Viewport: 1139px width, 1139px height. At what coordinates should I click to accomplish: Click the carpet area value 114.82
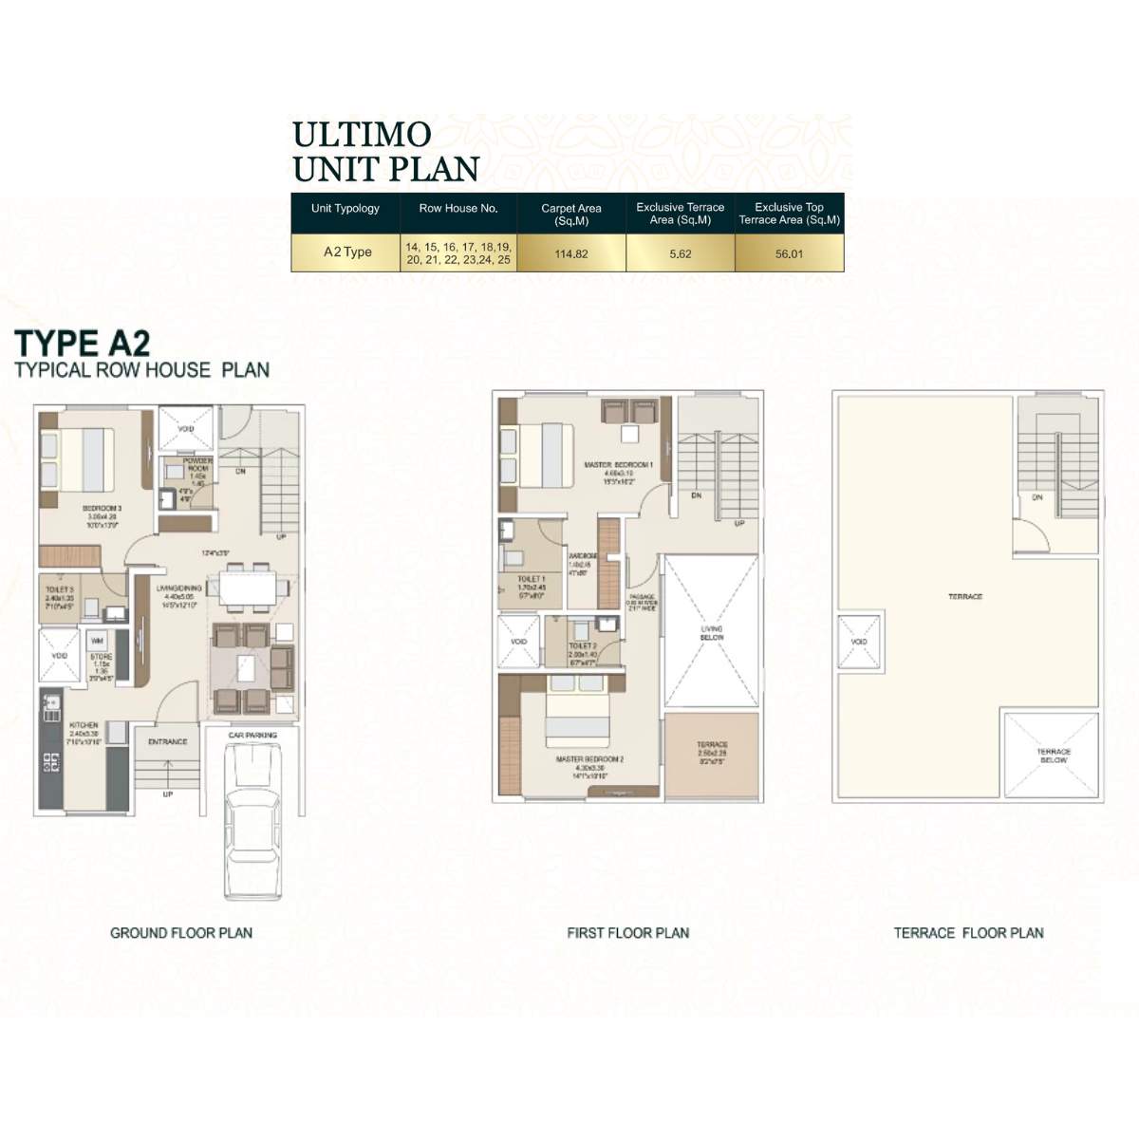click(570, 253)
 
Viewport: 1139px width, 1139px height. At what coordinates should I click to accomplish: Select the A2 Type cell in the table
click(347, 252)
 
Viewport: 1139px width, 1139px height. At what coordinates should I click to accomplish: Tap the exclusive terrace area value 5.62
click(680, 253)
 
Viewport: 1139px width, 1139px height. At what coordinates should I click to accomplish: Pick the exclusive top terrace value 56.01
click(789, 253)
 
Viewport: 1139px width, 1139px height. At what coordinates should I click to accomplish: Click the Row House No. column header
click(458, 208)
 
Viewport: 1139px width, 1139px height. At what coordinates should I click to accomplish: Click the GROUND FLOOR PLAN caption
click(181, 933)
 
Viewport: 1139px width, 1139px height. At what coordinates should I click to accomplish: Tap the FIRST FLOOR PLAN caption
click(627, 933)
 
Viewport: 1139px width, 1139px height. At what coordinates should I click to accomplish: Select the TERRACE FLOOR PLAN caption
click(968, 933)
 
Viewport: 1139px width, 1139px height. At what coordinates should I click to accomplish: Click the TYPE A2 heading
click(83, 342)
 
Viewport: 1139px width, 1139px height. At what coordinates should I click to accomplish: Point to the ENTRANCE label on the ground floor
click(168, 741)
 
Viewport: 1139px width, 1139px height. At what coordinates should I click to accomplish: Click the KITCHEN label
click(84, 725)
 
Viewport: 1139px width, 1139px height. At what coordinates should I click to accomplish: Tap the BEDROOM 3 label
click(103, 509)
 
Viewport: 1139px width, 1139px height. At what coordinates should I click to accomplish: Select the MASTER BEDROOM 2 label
click(589, 759)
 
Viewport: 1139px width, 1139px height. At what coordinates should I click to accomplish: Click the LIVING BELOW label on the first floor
click(711, 633)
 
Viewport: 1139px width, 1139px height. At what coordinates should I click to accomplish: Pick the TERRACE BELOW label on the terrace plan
click(1053, 756)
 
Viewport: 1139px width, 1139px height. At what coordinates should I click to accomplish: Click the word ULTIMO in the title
click(362, 135)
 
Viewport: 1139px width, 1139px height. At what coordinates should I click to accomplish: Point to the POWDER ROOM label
click(197, 464)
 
